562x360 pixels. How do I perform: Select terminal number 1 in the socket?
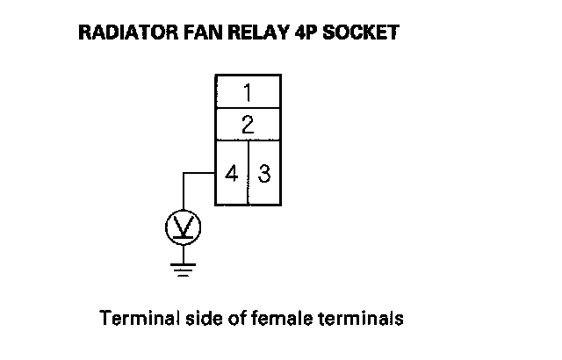coord(248,91)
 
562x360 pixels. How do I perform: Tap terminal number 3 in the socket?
coord(264,172)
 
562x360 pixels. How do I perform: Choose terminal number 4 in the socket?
coord(232,172)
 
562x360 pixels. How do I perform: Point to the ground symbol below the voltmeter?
coord(184,267)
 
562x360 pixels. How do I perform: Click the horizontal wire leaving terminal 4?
coord(199,173)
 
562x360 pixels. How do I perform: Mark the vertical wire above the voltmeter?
coord(184,191)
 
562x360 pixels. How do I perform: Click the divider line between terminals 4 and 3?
coord(249,172)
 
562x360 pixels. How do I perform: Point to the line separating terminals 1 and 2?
coord(248,107)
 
